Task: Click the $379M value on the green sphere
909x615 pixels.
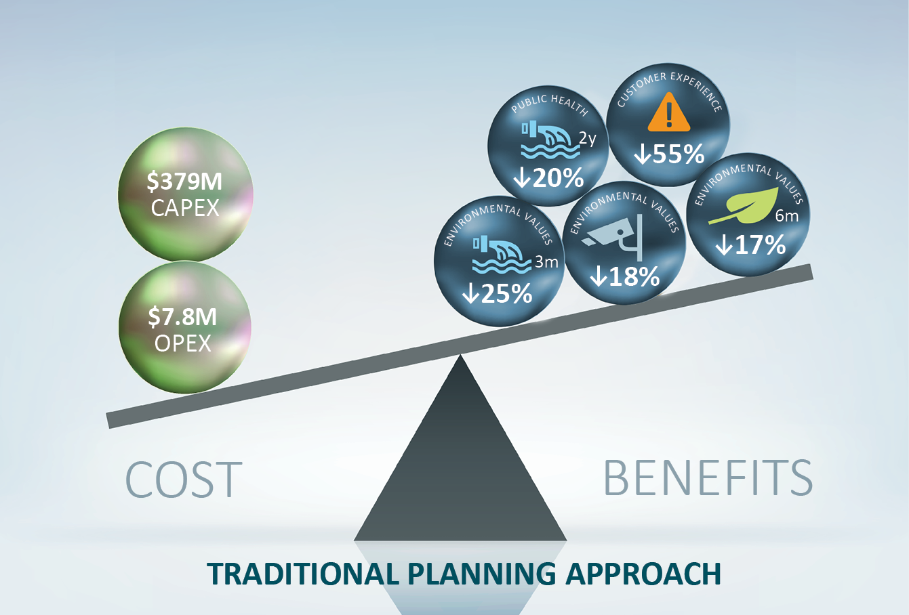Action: (x=184, y=182)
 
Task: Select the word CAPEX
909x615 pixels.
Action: (x=185, y=208)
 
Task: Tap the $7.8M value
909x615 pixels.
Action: (x=183, y=318)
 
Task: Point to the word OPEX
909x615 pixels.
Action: (x=183, y=343)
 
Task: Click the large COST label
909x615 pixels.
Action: (x=184, y=480)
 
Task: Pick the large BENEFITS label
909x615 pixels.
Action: (x=707, y=478)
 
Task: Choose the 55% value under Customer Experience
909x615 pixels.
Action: (x=670, y=154)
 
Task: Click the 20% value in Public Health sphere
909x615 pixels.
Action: (x=549, y=178)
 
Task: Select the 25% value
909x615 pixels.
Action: (x=497, y=294)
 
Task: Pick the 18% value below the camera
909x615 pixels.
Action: (x=624, y=276)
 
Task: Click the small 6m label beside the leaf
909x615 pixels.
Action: (x=787, y=217)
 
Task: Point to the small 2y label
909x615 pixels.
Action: (x=587, y=139)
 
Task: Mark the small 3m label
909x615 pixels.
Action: (x=546, y=261)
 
